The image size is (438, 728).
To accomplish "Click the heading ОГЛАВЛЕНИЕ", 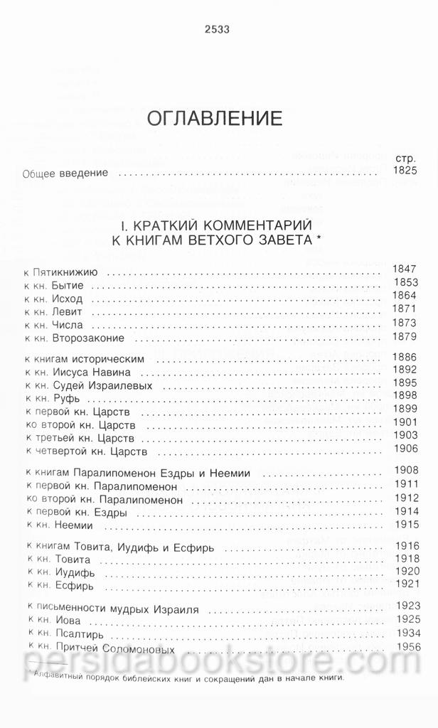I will click(x=215, y=118).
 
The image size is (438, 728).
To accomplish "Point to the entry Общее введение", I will click(x=65, y=173).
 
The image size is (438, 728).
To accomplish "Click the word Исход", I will click(x=70, y=298).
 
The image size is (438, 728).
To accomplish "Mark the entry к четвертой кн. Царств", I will click(x=86, y=451).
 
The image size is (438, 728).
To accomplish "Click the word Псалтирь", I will click(x=80, y=634).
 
